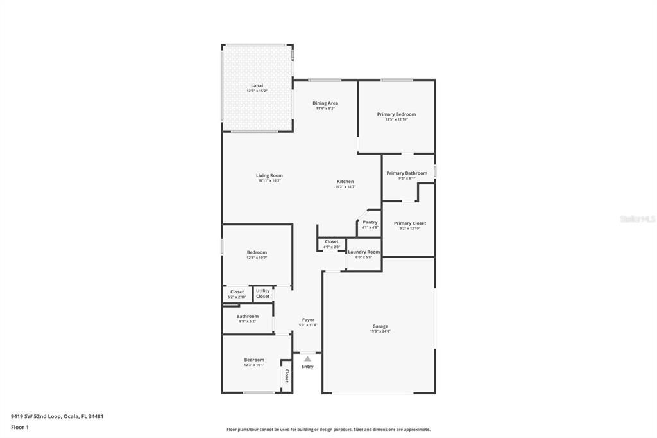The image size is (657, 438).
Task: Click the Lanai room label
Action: tap(256, 85)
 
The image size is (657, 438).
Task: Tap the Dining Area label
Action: tap(325, 103)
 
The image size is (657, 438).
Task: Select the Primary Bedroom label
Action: tap(396, 114)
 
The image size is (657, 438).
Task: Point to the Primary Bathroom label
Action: tap(406, 173)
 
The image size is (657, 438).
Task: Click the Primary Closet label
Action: tap(409, 223)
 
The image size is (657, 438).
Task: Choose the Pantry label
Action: tap(370, 222)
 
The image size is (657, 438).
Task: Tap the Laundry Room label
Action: tap(364, 252)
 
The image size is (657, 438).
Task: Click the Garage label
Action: tap(380, 326)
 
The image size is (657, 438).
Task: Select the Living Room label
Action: tap(269, 175)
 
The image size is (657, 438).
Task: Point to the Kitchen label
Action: tap(345, 182)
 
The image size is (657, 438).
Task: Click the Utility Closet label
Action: tap(262, 293)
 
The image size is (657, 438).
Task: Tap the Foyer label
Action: tap(308, 320)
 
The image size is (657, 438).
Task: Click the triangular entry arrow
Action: tap(307, 359)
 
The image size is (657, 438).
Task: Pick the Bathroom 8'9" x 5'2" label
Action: tap(247, 316)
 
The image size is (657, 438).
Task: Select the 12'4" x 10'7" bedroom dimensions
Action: tap(256, 258)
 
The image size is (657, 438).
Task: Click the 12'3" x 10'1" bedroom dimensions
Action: tap(253, 365)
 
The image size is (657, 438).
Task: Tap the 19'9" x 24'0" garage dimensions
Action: tap(380, 331)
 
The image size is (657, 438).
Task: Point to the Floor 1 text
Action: tap(19, 426)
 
